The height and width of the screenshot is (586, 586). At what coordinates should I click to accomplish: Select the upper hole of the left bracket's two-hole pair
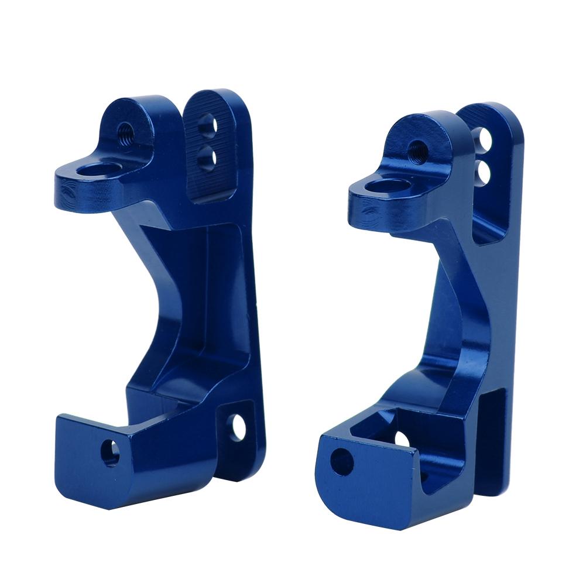click(x=207, y=124)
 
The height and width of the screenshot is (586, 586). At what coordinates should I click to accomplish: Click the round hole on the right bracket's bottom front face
click(x=342, y=461)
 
